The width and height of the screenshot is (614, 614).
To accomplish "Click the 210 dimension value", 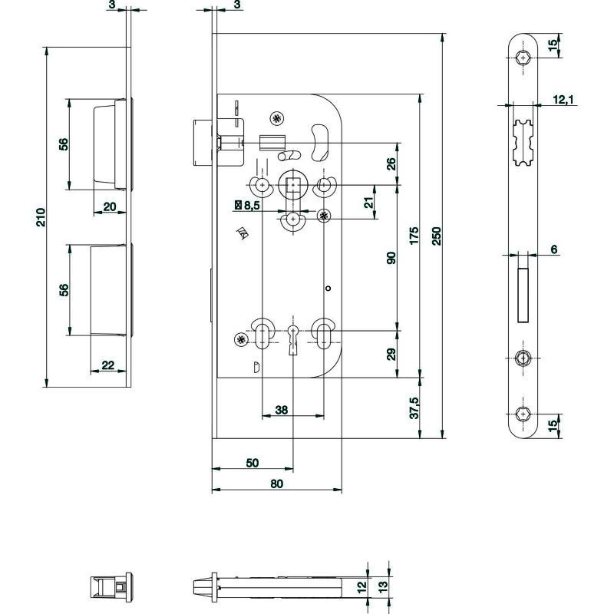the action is pyautogui.click(x=41, y=217).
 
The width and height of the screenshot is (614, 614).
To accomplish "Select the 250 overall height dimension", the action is pyautogui.click(x=437, y=236).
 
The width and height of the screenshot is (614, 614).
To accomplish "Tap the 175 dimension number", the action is pyautogui.click(x=414, y=236).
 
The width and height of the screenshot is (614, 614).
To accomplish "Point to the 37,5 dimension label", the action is pyautogui.click(x=414, y=408).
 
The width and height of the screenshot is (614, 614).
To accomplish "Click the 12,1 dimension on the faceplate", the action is pyautogui.click(x=563, y=100).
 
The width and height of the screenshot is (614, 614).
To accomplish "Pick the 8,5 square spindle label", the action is pyautogui.click(x=248, y=205).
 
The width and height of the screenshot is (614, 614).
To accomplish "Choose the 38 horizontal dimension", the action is pyautogui.click(x=281, y=410).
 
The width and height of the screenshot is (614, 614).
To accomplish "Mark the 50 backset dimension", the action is pyautogui.click(x=253, y=463).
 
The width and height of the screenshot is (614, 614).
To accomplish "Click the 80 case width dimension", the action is pyautogui.click(x=276, y=484).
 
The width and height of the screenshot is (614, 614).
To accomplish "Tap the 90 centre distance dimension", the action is pyautogui.click(x=391, y=258).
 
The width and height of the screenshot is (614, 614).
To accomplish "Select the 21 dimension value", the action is pyautogui.click(x=368, y=203).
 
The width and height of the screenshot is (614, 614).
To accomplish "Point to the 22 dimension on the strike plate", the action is pyautogui.click(x=108, y=365).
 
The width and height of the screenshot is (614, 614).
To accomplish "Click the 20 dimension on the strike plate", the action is pyautogui.click(x=110, y=206).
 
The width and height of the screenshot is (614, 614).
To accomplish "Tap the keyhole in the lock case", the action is pyautogui.click(x=293, y=340).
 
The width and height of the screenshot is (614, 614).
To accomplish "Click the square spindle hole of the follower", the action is pyautogui.click(x=293, y=184).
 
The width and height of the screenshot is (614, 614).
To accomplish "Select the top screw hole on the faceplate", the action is pyautogui.click(x=523, y=58).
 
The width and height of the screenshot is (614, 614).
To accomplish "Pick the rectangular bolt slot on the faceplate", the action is pyautogui.click(x=523, y=295).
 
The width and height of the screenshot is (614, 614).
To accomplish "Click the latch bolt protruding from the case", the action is pyautogui.click(x=203, y=144).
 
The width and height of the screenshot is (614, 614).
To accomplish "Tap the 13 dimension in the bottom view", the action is pyautogui.click(x=382, y=586).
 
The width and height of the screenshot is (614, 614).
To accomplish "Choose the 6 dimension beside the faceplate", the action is pyautogui.click(x=553, y=249).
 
